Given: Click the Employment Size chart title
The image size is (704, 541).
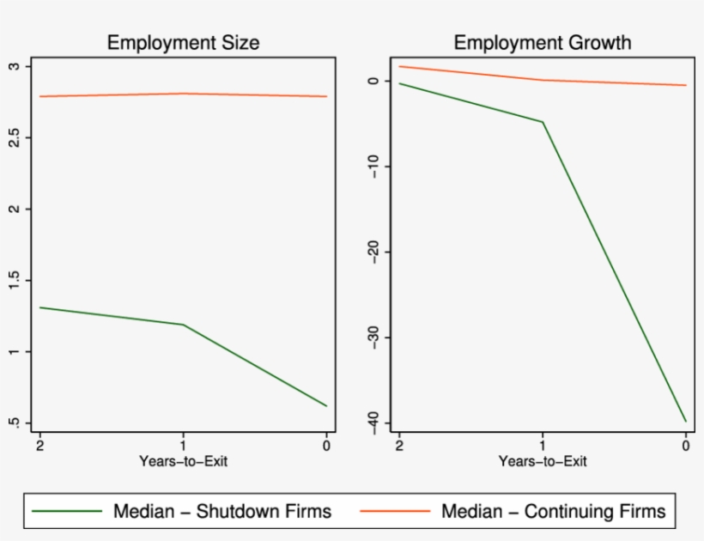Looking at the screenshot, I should pos(182,43).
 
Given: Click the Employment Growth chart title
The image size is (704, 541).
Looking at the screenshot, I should pos(542,43).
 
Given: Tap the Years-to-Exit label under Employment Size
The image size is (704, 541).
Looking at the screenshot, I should pos(183,461).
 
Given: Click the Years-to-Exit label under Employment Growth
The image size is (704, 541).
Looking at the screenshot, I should pos(543,461).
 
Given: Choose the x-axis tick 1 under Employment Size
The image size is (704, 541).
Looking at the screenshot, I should pos(183,445).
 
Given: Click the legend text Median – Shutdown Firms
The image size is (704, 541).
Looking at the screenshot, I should pos(222,512).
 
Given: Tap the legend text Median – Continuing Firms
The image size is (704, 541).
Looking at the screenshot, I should pos(553,512).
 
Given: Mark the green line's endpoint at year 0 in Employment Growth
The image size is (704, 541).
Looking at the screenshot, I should pos(686,421).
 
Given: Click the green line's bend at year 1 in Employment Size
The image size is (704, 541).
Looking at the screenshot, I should pos(183,325).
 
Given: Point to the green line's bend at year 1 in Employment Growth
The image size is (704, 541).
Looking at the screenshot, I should pos(543,122).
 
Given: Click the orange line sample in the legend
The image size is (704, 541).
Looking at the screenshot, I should pos(395,512).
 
